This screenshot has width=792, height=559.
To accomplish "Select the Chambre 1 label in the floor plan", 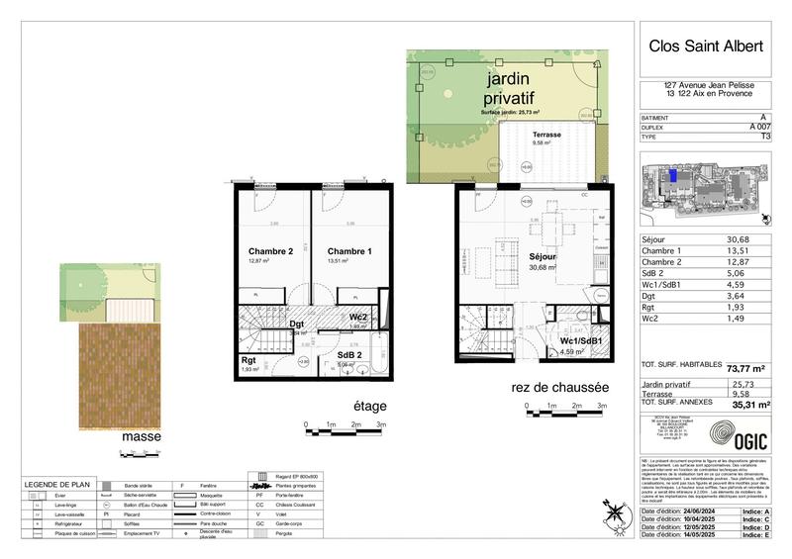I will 349,251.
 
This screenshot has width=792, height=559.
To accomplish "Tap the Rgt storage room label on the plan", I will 249,361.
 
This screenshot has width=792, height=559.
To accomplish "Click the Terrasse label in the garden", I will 546,135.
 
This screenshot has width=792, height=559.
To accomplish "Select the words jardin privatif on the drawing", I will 508,88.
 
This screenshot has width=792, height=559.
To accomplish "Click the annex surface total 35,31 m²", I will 749,404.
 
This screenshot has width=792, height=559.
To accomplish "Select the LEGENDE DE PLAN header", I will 54,484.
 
